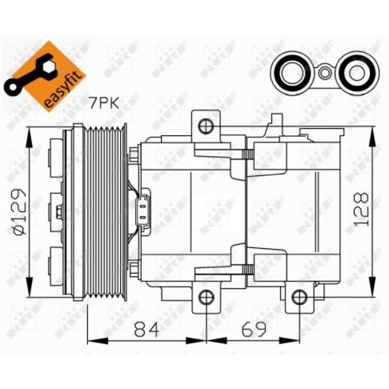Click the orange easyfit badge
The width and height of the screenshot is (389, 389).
click(x=46, y=77)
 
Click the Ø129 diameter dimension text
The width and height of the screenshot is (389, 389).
click(x=20, y=209)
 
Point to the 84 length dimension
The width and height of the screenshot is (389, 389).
click(x=146, y=331)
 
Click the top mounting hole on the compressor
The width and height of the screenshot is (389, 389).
click(x=206, y=127)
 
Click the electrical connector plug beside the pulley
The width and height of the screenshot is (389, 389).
click(x=143, y=212)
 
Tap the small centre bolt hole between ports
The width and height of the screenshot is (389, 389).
click(x=324, y=73)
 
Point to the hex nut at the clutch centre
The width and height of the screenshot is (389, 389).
click(x=59, y=211)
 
